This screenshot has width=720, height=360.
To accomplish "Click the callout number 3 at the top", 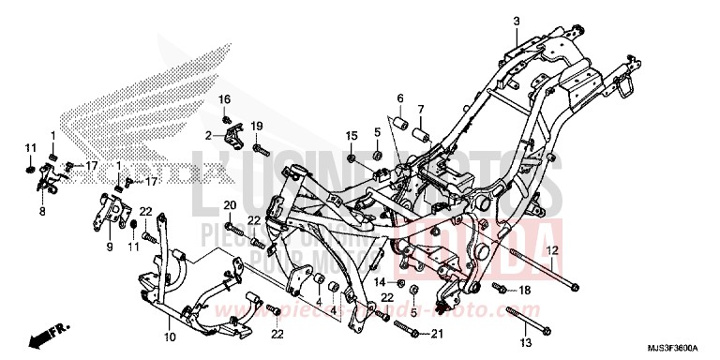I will point(515,21).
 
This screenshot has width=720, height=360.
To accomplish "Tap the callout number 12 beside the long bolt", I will point(553,250).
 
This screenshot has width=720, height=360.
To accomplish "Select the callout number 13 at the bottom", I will point(523,341).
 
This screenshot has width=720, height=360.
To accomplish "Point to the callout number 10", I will point(170,337).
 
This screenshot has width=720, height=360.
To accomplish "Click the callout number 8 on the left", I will point(42,213).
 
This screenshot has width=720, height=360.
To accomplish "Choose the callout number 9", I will point(109,247).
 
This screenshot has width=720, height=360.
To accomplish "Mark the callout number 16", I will point(225,99).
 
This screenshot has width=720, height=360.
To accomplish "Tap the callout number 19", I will point(256,126).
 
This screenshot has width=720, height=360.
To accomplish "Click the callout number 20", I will point(229,205).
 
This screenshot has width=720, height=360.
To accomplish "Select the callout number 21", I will point(436,334).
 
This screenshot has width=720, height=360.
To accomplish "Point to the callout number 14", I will point(381,281).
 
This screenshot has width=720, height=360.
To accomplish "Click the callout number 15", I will point(352,136).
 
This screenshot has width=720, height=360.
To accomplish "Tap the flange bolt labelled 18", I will point(500,288).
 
